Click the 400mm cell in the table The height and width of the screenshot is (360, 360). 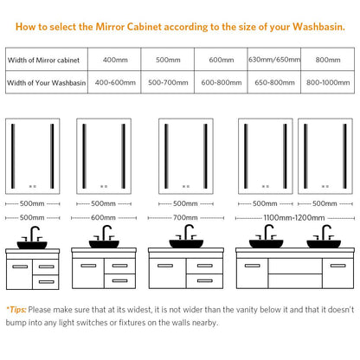[x=115, y=60]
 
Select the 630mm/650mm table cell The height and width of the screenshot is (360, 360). [x=274, y=60]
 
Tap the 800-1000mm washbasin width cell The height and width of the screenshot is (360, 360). [x=328, y=82]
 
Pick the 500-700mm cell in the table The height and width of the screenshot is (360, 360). [x=168, y=82]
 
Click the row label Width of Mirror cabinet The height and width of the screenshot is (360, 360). [x=43, y=60]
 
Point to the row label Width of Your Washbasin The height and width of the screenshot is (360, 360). [x=47, y=83]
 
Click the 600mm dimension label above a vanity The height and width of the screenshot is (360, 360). [x=103, y=217]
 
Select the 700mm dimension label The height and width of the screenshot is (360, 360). [x=185, y=217]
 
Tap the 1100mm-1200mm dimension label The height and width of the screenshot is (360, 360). [x=294, y=218]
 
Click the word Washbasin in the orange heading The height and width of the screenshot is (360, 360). [x=318, y=27]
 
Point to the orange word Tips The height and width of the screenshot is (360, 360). [x=18, y=310]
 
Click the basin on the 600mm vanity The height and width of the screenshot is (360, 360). [x=104, y=244]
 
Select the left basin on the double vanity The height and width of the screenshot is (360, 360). [x=266, y=244]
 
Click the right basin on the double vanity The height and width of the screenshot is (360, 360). [x=324, y=244]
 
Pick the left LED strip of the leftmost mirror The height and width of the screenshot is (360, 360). [x=13, y=156]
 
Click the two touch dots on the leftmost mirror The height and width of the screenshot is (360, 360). [x=33, y=186]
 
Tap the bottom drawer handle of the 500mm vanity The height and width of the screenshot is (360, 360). [x=47, y=281]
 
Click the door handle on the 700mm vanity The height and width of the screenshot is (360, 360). [x=165, y=266]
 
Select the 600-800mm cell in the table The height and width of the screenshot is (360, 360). [x=222, y=82]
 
